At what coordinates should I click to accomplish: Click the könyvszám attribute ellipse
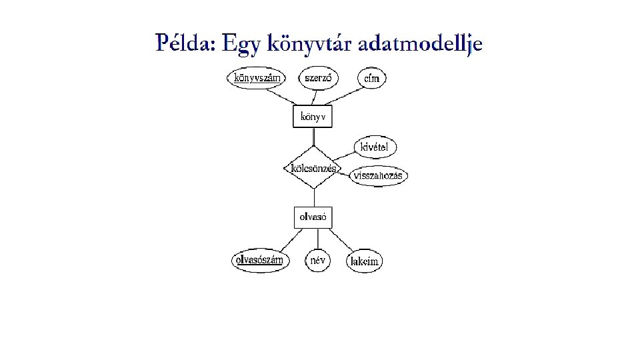tap(256, 77)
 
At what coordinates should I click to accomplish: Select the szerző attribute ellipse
tap(318, 77)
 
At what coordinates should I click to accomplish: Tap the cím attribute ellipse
tap(372, 78)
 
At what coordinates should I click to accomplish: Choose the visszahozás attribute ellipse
tap(379, 176)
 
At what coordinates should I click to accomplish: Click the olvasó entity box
tap(313, 217)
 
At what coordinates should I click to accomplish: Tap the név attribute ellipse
tap(318, 260)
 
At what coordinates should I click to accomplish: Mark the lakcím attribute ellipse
tap(365, 261)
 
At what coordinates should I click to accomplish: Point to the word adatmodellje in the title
tap(419, 45)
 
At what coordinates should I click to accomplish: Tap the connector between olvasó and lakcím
tap(343, 240)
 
